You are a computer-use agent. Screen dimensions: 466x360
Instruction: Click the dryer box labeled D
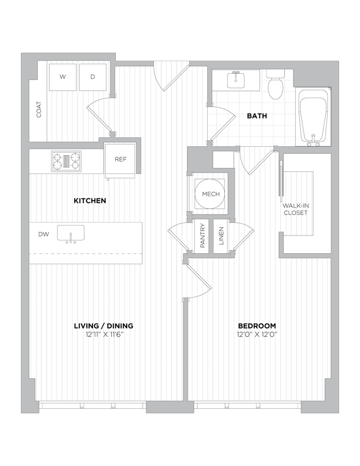pos(93,78)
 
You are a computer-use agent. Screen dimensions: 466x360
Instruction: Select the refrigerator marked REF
pos(121,160)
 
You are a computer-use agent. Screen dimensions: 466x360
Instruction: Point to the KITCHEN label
pos(90,201)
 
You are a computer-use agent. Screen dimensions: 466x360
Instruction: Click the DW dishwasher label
pos(43,234)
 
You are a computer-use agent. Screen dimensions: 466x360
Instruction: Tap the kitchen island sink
pos(70,233)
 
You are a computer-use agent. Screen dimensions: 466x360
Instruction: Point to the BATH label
pos(257,116)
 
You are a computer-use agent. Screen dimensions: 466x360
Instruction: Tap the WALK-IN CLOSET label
pos(296,209)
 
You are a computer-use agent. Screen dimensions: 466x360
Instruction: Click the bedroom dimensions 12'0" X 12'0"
pos(257,334)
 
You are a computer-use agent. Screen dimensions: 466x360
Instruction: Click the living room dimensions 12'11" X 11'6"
pos(104,334)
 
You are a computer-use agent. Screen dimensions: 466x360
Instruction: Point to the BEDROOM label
pos(257,326)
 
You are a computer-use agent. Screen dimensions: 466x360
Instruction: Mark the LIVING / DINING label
pos(104,326)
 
